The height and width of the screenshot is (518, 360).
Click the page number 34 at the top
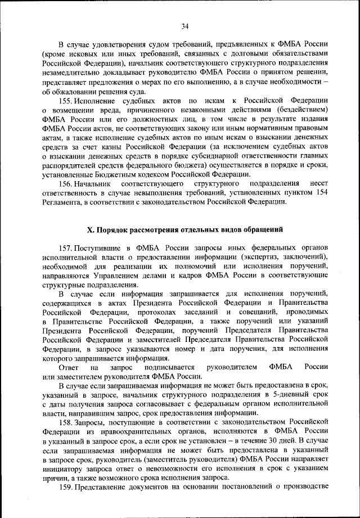184,25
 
